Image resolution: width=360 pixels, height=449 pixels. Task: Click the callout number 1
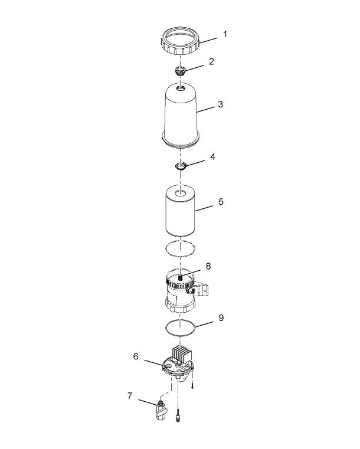pyautogui.click(x=225, y=34)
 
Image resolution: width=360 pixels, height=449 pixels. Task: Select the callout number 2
pyautogui.click(x=211, y=61)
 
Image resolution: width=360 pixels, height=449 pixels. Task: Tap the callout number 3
pyautogui.click(x=220, y=104)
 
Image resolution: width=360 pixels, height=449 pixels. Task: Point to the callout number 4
pyautogui.click(x=212, y=157)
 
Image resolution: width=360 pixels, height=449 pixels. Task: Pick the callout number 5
pyautogui.click(x=221, y=202)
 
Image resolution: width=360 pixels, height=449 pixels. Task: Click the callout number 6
pyautogui.click(x=136, y=356)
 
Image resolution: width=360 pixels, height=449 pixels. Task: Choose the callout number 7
pyautogui.click(x=130, y=396)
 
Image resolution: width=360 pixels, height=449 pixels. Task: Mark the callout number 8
pyautogui.click(x=208, y=266)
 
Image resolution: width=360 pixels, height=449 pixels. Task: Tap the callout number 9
pyautogui.click(x=221, y=317)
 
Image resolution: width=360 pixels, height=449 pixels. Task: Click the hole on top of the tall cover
pyautogui.click(x=181, y=89)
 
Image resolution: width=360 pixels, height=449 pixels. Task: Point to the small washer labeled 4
pyautogui.click(x=181, y=166)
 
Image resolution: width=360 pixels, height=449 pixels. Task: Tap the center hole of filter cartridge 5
pyautogui.click(x=181, y=193)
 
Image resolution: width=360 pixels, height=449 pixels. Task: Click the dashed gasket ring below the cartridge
pyautogui.click(x=165, y=248)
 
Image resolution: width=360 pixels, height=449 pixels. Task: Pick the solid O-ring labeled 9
pyautogui.click(x=165, y=327)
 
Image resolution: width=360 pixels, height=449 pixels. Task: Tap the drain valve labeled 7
pyautogui.click(x=161, y=411)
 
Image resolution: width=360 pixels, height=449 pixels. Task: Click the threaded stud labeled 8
pyautogui.click(x=180, y=277)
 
